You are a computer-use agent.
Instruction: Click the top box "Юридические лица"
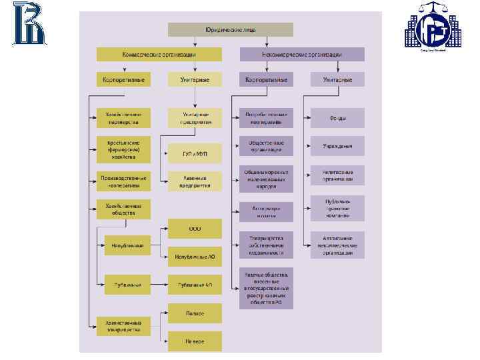(x=230, y=29)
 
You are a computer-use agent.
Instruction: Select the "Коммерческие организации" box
(x=158, y=54)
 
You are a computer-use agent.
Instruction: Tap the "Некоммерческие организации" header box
(x=302, y=54)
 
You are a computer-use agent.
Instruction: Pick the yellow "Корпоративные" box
(x=123, y=79)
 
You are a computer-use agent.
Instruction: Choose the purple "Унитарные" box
(x=338, y=79)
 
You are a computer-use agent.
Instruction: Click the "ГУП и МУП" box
(x=195, y=153)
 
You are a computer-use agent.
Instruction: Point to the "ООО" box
(x=195, y=228)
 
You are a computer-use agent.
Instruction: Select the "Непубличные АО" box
(x=195, y=256)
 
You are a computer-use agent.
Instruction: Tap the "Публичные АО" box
(x=195, y=285)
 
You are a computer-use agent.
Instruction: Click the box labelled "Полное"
(x=195, y=313)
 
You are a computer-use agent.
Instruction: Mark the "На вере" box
(x=195, y=341)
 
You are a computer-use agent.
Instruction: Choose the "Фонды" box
(x=337, y=118)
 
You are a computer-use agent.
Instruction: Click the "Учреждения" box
(x=337, y=146)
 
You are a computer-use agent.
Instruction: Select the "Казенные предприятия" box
(x=195, y=181)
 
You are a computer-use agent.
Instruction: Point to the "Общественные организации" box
(x=266, y=146)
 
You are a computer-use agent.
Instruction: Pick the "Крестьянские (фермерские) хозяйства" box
(x=123, y=149)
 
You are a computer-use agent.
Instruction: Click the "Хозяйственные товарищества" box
(x=123, y=326)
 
